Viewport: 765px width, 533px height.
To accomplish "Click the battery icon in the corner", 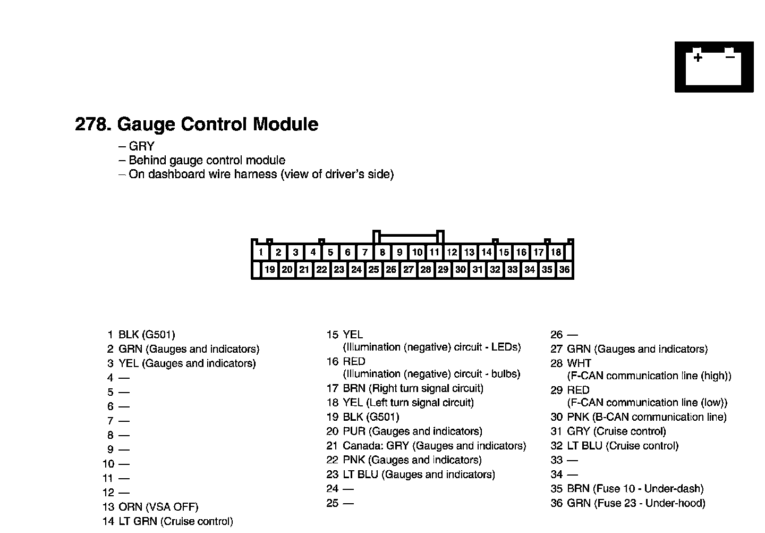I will [x=713, y=67].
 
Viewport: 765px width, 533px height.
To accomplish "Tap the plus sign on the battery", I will [x=698, y=57].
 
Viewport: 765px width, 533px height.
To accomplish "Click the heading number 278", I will [x=93, y=124].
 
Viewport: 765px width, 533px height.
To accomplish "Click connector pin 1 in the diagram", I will [x=261, y=252].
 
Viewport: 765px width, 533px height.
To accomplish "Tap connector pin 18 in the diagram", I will [x=556, y=252].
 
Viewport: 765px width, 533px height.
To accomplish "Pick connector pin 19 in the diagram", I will [x=270, y=270].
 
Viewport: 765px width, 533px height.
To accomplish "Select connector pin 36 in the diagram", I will [x=564, y=270].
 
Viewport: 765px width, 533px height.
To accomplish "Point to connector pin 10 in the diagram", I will [x=417, y=252].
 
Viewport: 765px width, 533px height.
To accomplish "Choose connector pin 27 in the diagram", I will [x=408, y=270].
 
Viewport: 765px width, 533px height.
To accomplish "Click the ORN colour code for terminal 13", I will [x=130, y=507].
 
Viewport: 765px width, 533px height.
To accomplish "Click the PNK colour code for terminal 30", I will [x=578, y=417].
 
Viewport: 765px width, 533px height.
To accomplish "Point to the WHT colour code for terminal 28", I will [x=579, y=363].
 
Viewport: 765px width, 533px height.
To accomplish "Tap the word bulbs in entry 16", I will [x=505, y=374].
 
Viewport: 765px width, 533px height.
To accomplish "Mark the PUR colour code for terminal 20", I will [x=354, y=431].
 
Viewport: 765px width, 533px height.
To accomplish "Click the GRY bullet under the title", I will [x=141, y=146].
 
